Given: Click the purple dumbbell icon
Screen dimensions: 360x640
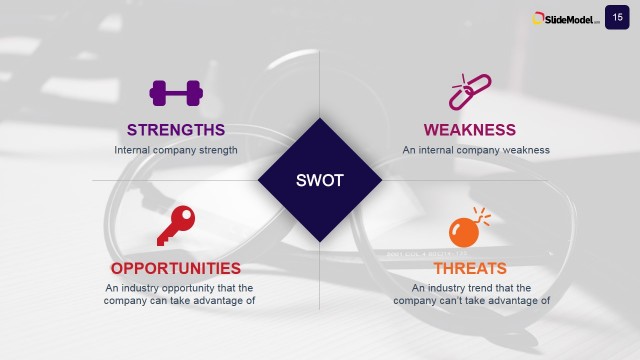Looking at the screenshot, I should [176, 93].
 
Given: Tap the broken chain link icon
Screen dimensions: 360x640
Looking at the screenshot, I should [468, 91].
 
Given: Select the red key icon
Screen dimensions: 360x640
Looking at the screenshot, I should [175, 225].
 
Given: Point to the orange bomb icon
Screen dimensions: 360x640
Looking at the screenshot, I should [466, 229].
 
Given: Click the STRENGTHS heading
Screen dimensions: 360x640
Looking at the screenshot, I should [176, 130].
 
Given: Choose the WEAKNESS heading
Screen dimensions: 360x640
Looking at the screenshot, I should [470, 130].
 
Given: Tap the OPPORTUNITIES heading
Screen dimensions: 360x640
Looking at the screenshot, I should [176, 268].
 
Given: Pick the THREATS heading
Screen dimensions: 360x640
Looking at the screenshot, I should [470, 268].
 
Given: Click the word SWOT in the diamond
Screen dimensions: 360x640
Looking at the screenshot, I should [320, 181].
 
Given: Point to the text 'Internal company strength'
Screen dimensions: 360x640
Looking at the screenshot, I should [176, 150].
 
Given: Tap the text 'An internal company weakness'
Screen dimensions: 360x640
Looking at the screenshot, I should [476, 150].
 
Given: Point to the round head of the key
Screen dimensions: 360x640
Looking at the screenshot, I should [184, 217].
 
